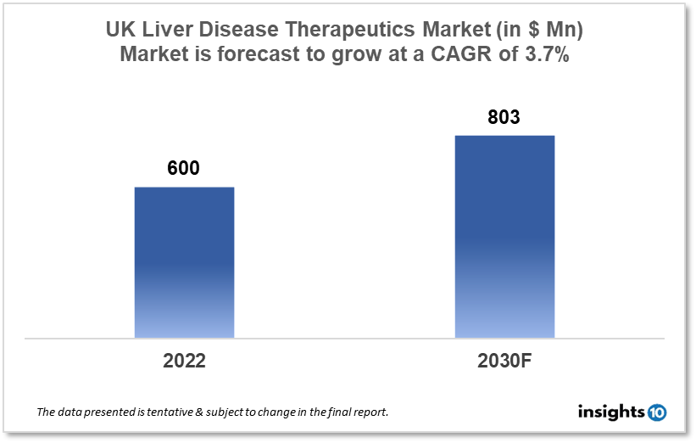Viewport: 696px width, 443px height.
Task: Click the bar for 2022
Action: pos(184,262)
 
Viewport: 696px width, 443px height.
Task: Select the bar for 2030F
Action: pos(504,237)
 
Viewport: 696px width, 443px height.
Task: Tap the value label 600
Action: pos(183,168)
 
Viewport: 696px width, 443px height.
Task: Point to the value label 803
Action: pos(504,117)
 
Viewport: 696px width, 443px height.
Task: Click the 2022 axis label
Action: pos(184,360)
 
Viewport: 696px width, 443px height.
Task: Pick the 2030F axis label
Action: pos(504,360)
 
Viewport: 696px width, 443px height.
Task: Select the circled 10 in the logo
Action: pos(656,412)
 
